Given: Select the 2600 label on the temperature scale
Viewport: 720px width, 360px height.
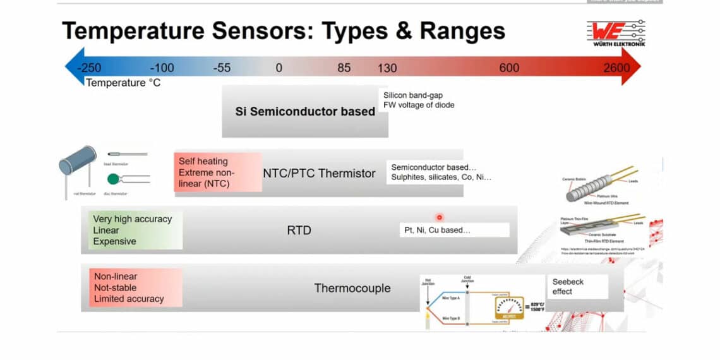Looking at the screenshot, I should [x=616, y=68].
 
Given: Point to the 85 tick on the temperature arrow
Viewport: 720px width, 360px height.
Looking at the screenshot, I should [x=344, y=68].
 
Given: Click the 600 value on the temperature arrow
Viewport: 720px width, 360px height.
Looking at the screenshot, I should [x=509, y=68].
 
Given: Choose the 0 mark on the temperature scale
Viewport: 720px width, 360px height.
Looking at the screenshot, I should [x=279, y=68].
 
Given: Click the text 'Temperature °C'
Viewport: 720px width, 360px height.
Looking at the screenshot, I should [x=123, y=83].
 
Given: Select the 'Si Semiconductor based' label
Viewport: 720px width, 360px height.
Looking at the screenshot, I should [x=305, y=112].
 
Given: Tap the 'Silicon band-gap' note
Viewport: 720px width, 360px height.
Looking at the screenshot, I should [x=413, y=95].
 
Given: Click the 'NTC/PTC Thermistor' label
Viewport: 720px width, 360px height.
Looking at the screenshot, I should [x=319, y=173].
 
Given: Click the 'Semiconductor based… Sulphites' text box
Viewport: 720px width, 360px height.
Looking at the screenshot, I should [x=441, y=172].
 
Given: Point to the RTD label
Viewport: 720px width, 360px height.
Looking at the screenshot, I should [x=299, y=230].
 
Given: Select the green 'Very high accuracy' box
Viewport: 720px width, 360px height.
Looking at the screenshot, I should [x=135, y=230].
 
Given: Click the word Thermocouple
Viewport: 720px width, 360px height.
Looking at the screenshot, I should [x=352, y=288].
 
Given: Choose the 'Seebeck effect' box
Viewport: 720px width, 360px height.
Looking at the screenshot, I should [x=577, y=286].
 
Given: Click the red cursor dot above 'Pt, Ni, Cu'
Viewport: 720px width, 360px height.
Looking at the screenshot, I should [x=440, y=217].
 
